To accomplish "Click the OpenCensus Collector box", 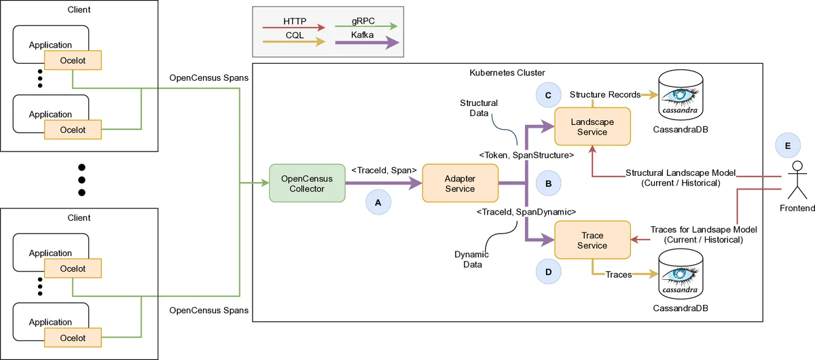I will coord(308,183).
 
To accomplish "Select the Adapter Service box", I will coord(460,183).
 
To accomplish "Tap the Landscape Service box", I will coord(592,126).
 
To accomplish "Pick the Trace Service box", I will coord(592,240).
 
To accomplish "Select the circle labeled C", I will coord(548,95).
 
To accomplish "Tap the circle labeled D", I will coord(548,270).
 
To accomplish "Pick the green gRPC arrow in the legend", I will coord(367,28).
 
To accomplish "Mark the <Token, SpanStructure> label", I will coord(527,155).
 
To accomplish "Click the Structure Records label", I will coord(604,94).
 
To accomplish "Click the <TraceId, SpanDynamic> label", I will coord(527,212).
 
